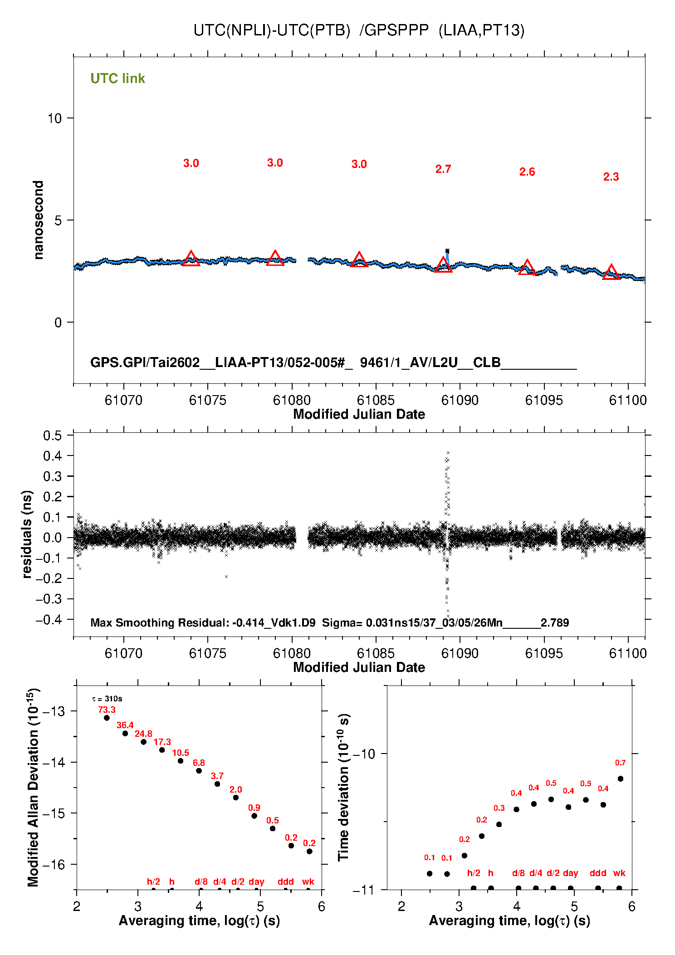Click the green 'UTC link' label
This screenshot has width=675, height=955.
click(117, 78)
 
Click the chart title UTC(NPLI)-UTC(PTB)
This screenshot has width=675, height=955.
click(272, 30)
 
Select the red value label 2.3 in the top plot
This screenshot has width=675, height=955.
click(611, 177)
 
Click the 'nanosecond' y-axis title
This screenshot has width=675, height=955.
click(38, 220)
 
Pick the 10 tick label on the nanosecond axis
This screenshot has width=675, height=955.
click(54, 118)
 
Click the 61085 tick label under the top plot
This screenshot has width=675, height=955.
click(376, 400)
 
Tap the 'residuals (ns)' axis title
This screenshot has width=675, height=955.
click(27, 534)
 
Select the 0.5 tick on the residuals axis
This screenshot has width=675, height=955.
click(53, 436)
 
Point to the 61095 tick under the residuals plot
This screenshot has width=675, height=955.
click(543, 653)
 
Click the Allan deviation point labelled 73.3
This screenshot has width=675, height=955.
click(107, 718)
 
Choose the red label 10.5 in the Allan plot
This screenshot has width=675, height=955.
click(180, 753)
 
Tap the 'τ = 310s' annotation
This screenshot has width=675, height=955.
click(107, 699)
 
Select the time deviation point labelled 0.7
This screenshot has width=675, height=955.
click(620, 779)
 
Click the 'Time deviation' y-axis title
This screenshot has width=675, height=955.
click(344, 788)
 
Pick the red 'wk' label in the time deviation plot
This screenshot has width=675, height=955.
click(619, 873)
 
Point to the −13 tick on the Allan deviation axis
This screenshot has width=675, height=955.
click(54, 711)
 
